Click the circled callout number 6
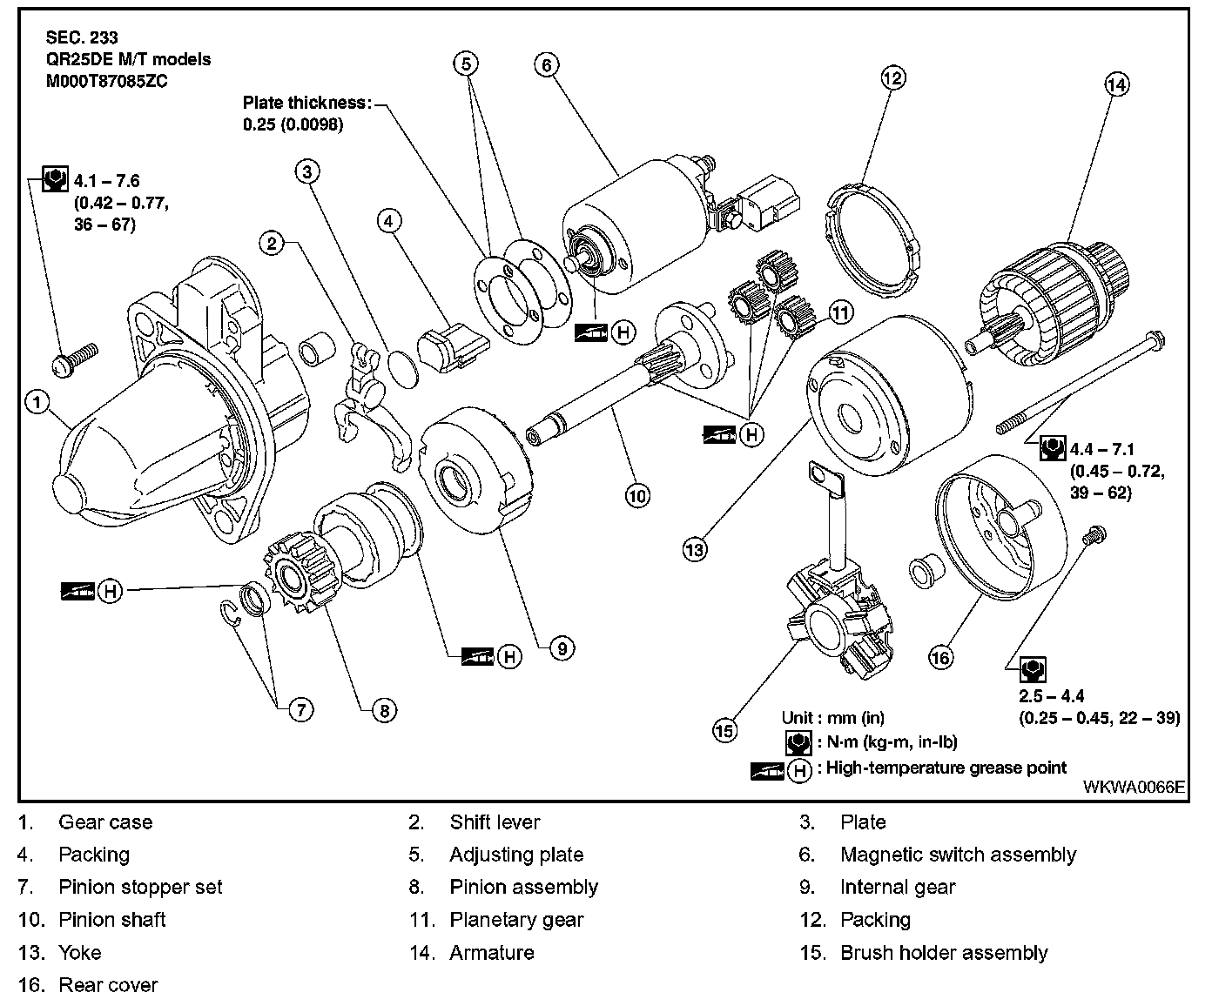point(546,64)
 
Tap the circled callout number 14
point(1116,84)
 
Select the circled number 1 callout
point(35,401)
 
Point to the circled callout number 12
point(893,77)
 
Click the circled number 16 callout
point(941,657)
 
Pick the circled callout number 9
point(562,647)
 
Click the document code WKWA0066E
point(1134,787)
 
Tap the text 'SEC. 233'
point(82,38)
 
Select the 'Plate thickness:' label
point(306,103)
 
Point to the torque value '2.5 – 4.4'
point(1051,695)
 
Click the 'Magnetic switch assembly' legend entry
point(958,855)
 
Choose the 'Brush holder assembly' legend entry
point(944,952)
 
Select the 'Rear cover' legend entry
point(108,985)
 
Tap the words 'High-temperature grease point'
point(946,768)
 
